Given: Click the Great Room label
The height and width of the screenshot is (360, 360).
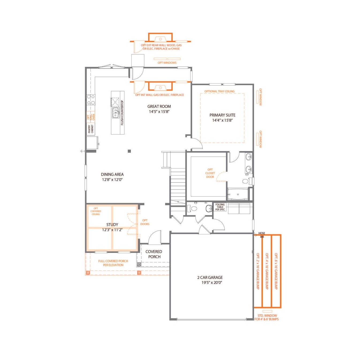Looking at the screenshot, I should [x=159, y=106].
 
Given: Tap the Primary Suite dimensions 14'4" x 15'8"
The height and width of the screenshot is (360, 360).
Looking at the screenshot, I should [x=222, y=120].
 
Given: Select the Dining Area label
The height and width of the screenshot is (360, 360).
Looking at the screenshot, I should [x=112, y=174].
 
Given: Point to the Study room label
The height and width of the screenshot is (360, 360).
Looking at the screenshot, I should [x=112, y=224].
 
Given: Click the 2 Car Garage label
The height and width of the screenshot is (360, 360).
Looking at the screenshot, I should [x=210, y=277].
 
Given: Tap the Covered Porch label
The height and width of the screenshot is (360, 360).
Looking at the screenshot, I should [x=154, y=254].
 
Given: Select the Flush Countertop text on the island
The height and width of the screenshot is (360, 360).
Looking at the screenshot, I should [x=122, y=113].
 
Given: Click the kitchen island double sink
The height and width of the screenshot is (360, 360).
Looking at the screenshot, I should [x=116, y=113].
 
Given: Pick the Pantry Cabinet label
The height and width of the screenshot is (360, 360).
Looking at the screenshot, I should [x=91, y=129].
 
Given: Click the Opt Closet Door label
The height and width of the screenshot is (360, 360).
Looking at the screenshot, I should [x=210, y=173].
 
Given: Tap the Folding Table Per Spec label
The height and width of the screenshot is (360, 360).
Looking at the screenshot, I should [x=220, y=207].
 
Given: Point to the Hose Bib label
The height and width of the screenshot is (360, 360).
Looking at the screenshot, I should [x=262, y=235].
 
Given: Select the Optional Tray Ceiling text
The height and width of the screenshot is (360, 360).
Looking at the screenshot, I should [x=219, y=91].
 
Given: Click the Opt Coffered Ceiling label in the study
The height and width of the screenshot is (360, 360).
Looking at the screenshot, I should [x=96, y=211].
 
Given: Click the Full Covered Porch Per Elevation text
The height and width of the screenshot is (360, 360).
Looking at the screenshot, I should [x=113, y=263].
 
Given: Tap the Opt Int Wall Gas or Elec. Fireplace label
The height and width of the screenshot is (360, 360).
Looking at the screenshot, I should [x=160, y=95].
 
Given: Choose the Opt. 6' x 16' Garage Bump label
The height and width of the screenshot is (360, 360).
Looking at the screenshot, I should [x=276, y=271].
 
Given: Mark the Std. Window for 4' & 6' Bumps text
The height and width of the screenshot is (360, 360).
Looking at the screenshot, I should [x=267, y=317].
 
